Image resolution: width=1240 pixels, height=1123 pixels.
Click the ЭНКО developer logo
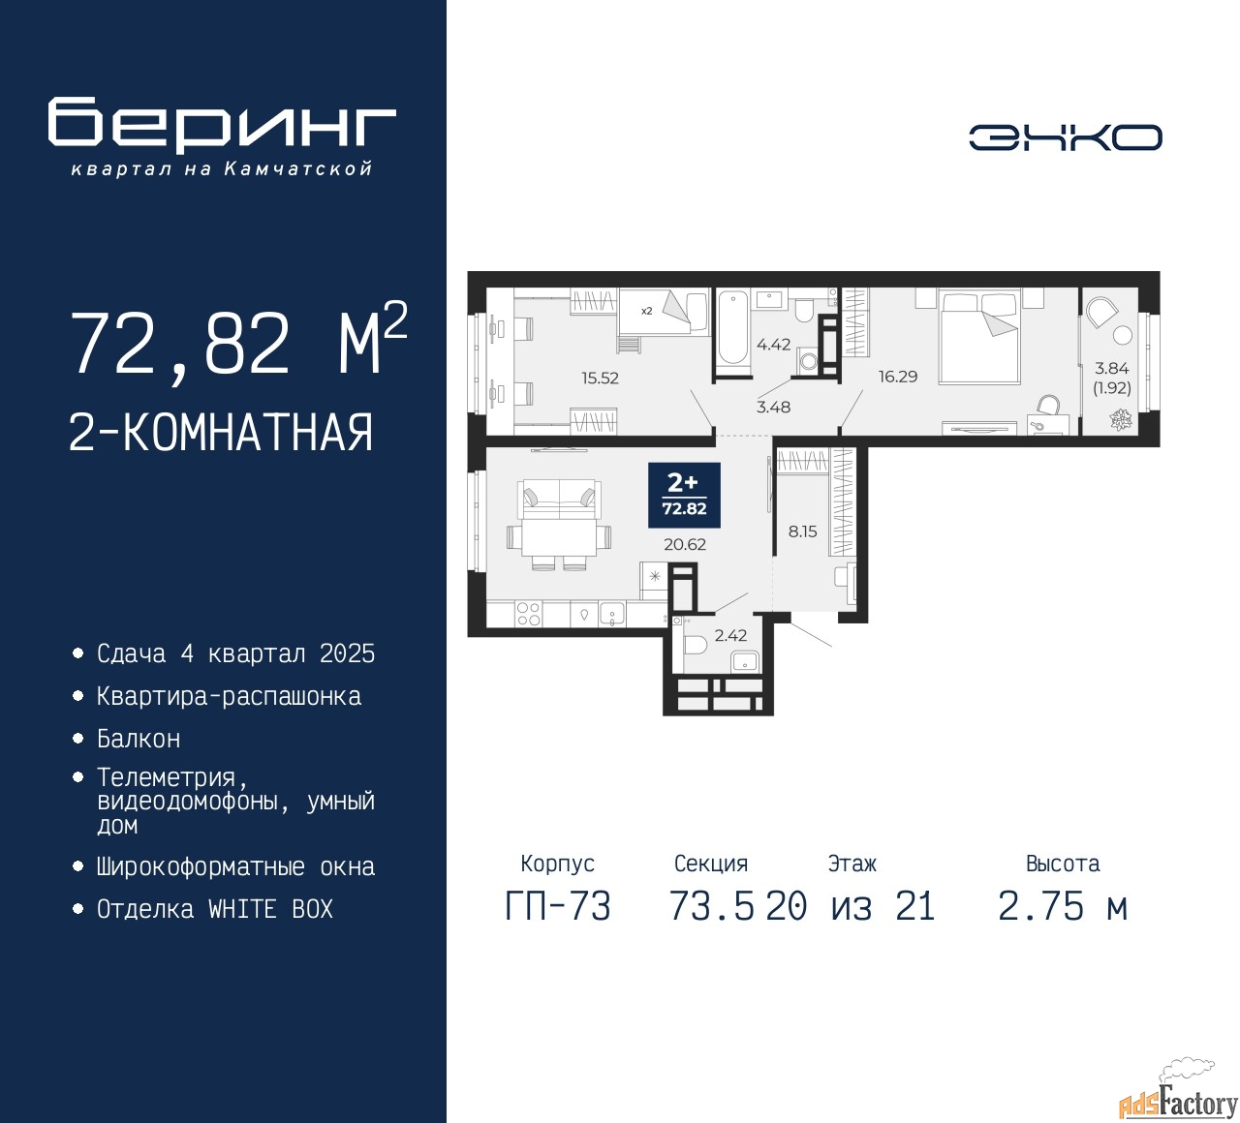tap(1065, 137)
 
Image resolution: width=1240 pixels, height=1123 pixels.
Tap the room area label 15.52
tap(600, 378)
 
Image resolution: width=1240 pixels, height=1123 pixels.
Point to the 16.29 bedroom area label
tap(898, 377)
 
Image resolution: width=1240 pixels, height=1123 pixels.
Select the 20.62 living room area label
tap(684, 544)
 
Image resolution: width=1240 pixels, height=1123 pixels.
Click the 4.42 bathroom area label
tap(773, 345)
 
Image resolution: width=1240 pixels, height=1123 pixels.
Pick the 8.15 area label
tap(802, 531)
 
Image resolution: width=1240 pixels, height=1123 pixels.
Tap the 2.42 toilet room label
tap(730, 635)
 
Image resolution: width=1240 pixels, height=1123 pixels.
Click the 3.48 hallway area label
tap(773, 407)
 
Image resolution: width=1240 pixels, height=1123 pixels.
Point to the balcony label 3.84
tap(1111, 369)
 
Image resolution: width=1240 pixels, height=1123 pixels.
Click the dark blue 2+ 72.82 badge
tap(684, 496)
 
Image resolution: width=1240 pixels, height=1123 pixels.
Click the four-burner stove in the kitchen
tap(529, 614)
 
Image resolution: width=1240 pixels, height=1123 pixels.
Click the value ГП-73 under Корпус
tap(558, 907)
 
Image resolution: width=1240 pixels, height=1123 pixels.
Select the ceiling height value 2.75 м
tap(1063, 907)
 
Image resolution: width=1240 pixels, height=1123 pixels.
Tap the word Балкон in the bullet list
tap(139, 739)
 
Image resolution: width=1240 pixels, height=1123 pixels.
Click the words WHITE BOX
tap(270, 909)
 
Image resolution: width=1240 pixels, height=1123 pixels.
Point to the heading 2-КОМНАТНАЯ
tap(221, 433)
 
